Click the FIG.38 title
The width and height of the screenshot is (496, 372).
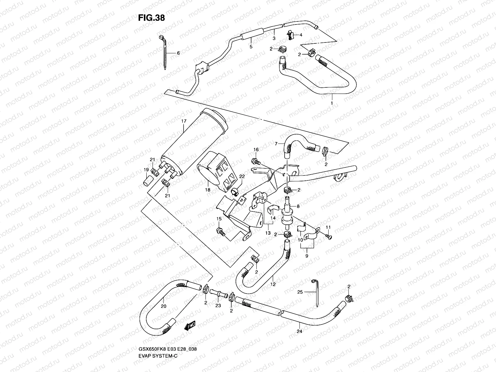(151, 18)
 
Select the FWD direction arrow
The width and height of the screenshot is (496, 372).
(189, 326)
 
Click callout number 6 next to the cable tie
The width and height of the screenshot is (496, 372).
(178, 53)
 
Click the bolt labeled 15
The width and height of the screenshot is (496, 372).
(221, 231)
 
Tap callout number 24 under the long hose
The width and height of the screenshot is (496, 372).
(299, 331)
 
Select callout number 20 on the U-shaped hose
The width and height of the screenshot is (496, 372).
(164, 306)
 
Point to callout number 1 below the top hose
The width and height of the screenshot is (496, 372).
(332, 103)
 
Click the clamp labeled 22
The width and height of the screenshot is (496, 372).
(235, 193)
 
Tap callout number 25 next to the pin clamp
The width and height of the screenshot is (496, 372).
(300, 292)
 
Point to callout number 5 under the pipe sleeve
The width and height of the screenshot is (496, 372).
(251, 47)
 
